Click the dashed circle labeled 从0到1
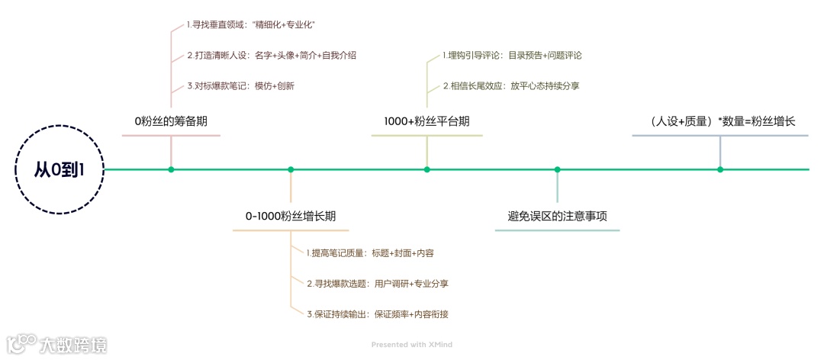tap(59, 169)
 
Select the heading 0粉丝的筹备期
tap(171, 121)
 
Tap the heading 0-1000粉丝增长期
tap(291, 217)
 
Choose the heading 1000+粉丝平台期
tap(426, 121)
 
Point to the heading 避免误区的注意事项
tap(557, 217)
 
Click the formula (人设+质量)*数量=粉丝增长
tap(720, 121)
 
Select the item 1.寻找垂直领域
tap(251, 25)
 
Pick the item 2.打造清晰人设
tap(272, 56)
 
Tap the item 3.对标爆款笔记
tap(240, 86)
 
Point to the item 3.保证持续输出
tap(382, 313)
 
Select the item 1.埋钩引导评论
tap(512, 56)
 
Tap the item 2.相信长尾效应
tap(510, 86)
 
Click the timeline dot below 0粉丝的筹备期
tap(171, 169)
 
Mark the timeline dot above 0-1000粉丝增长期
tap(291, 169)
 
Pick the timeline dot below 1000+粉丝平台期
tap(426, 169)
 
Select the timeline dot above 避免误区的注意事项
tap(557, 169)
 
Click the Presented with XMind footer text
tap(412, 345)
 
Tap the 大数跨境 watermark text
tap(73, 345)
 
